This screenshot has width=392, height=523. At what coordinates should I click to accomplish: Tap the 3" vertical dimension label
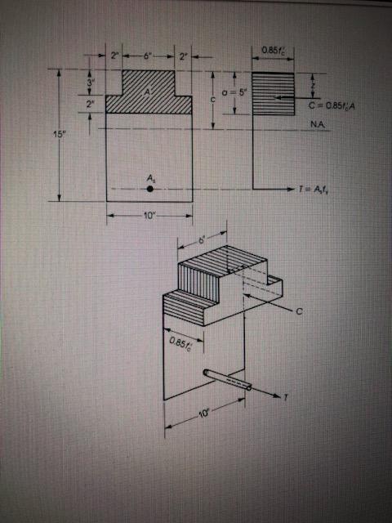click(x=91, y=83)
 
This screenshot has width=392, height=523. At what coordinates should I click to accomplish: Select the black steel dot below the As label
click(x=150, y=189)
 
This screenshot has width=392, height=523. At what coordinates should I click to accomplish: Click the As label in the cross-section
click(x=150, y=177)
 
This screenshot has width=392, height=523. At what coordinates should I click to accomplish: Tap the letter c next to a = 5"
click(x=212, y=98)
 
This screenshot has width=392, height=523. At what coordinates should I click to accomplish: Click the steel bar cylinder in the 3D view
click(x=228, y=380)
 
